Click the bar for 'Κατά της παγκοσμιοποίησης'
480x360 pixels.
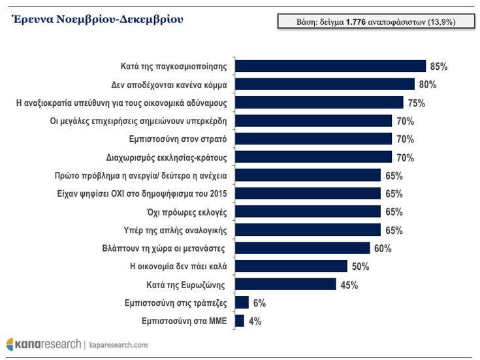pyautogui.click(x=330, y=66)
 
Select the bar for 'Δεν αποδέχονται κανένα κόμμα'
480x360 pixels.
pyautogui.click(x=324, y=84)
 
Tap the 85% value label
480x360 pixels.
pyautogui.click(x=439, y=66)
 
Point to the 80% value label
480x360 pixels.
pyautogui.click(x=428, y=84)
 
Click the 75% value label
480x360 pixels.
pyautogui.click(x=417, y=103)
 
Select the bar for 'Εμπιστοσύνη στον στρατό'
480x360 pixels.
pyautogui.click(x=313, y=139)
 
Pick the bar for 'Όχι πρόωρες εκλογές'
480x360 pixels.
pyautogui.click(x=307, y=212)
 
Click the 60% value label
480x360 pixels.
pyautogui.click(x=383, y=248)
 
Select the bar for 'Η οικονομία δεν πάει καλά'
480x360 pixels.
pyautogui.click(x=291, y=266)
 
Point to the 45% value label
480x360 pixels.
pyautogui.click(x=349, y=284)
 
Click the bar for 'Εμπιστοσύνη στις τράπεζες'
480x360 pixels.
pyautogui.click(x=242, y=303)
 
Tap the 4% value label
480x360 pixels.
pyautogui.click(x=256, y=321)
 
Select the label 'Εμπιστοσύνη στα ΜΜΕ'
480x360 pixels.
pyautogui.click(x=184, y=321)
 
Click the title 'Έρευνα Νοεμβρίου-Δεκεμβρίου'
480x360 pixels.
pyautogui.click(x=97, y=20)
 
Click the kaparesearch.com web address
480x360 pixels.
pyautogui.click(x=118, y=344)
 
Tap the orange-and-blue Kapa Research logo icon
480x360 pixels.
pyautogui.click(x=12, y=344)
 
